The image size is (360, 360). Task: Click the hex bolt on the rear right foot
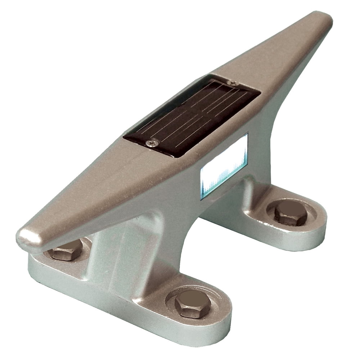(x=291, y=213)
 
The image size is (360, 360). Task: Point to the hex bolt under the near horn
(x=66, y=250)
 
